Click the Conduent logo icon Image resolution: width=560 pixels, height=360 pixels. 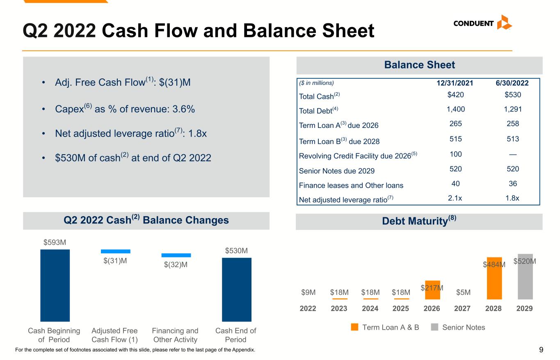504,23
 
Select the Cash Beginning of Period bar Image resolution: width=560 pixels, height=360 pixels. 55,285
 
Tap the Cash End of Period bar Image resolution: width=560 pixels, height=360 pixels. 237,289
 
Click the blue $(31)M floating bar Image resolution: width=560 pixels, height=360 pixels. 116,251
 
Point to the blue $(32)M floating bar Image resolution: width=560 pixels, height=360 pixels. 176,255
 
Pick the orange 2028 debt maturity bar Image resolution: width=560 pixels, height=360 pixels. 494,278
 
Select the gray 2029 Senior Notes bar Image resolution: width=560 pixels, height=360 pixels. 525,276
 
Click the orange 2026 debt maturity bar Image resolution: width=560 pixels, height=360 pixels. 432,290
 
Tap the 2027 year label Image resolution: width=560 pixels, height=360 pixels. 462,308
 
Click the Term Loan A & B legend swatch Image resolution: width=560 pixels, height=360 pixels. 354,327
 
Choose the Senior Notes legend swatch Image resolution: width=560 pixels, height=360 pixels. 434,327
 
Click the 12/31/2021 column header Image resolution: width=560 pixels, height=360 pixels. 455,83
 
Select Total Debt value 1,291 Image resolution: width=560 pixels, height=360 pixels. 513,109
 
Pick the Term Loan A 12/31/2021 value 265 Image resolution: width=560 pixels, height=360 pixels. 455,124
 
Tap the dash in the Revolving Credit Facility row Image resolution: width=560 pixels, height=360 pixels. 513,155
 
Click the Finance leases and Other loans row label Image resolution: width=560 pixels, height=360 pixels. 351,185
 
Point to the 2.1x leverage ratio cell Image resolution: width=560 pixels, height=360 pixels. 455,198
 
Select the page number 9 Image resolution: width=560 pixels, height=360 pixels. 541,350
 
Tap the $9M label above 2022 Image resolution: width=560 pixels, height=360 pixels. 308,292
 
